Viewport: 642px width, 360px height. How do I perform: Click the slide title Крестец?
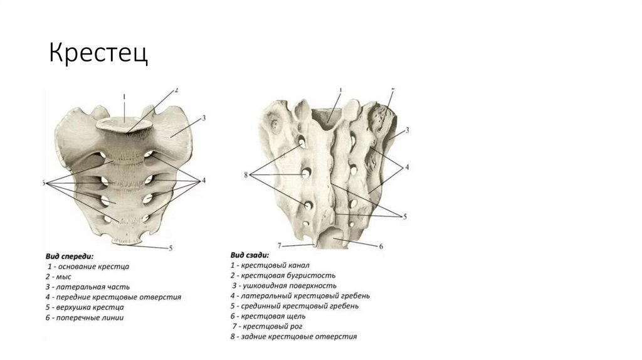click(99, 54)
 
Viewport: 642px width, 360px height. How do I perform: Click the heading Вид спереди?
click(69, 256)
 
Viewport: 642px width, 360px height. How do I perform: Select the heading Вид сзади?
click(250, 255)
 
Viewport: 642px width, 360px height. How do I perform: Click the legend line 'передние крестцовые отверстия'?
click(113, 297)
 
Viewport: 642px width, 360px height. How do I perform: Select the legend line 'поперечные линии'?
click(85, 317)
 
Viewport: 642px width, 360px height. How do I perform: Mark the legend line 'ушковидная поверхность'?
click(284, 285)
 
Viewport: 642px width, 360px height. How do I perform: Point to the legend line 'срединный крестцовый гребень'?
click(294, 305)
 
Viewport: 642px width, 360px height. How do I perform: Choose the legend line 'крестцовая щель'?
click(270, 316)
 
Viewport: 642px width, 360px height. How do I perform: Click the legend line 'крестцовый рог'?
click(268, 326)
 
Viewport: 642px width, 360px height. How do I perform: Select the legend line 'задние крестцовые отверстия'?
click(293, 336)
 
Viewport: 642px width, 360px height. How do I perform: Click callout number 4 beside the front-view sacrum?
click(203, 181)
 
